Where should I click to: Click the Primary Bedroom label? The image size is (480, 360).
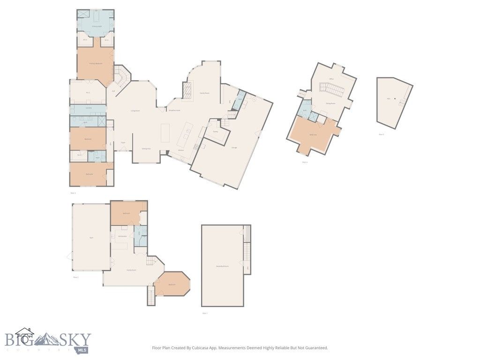pos(96,63)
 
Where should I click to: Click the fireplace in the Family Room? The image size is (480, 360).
pos(187,90)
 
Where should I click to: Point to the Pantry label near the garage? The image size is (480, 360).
pos(215,132)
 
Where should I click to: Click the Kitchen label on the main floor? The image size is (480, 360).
pos(180,150)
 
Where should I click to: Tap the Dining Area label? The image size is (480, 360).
pos(146,149)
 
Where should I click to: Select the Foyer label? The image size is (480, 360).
pos(123,142)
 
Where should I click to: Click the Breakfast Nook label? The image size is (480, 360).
pos(174,111)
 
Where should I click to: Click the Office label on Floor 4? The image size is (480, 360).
pos(331,79)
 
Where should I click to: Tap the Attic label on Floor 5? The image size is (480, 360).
pos(389,99)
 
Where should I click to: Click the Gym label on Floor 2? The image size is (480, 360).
pos(91,238)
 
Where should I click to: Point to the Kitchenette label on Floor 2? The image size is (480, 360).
pos(123,236)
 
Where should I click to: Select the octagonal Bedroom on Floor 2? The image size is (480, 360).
pos(172,284)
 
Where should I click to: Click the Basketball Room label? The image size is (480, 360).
pos(222,266)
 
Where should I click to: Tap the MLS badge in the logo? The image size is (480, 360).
pos(84,350)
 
